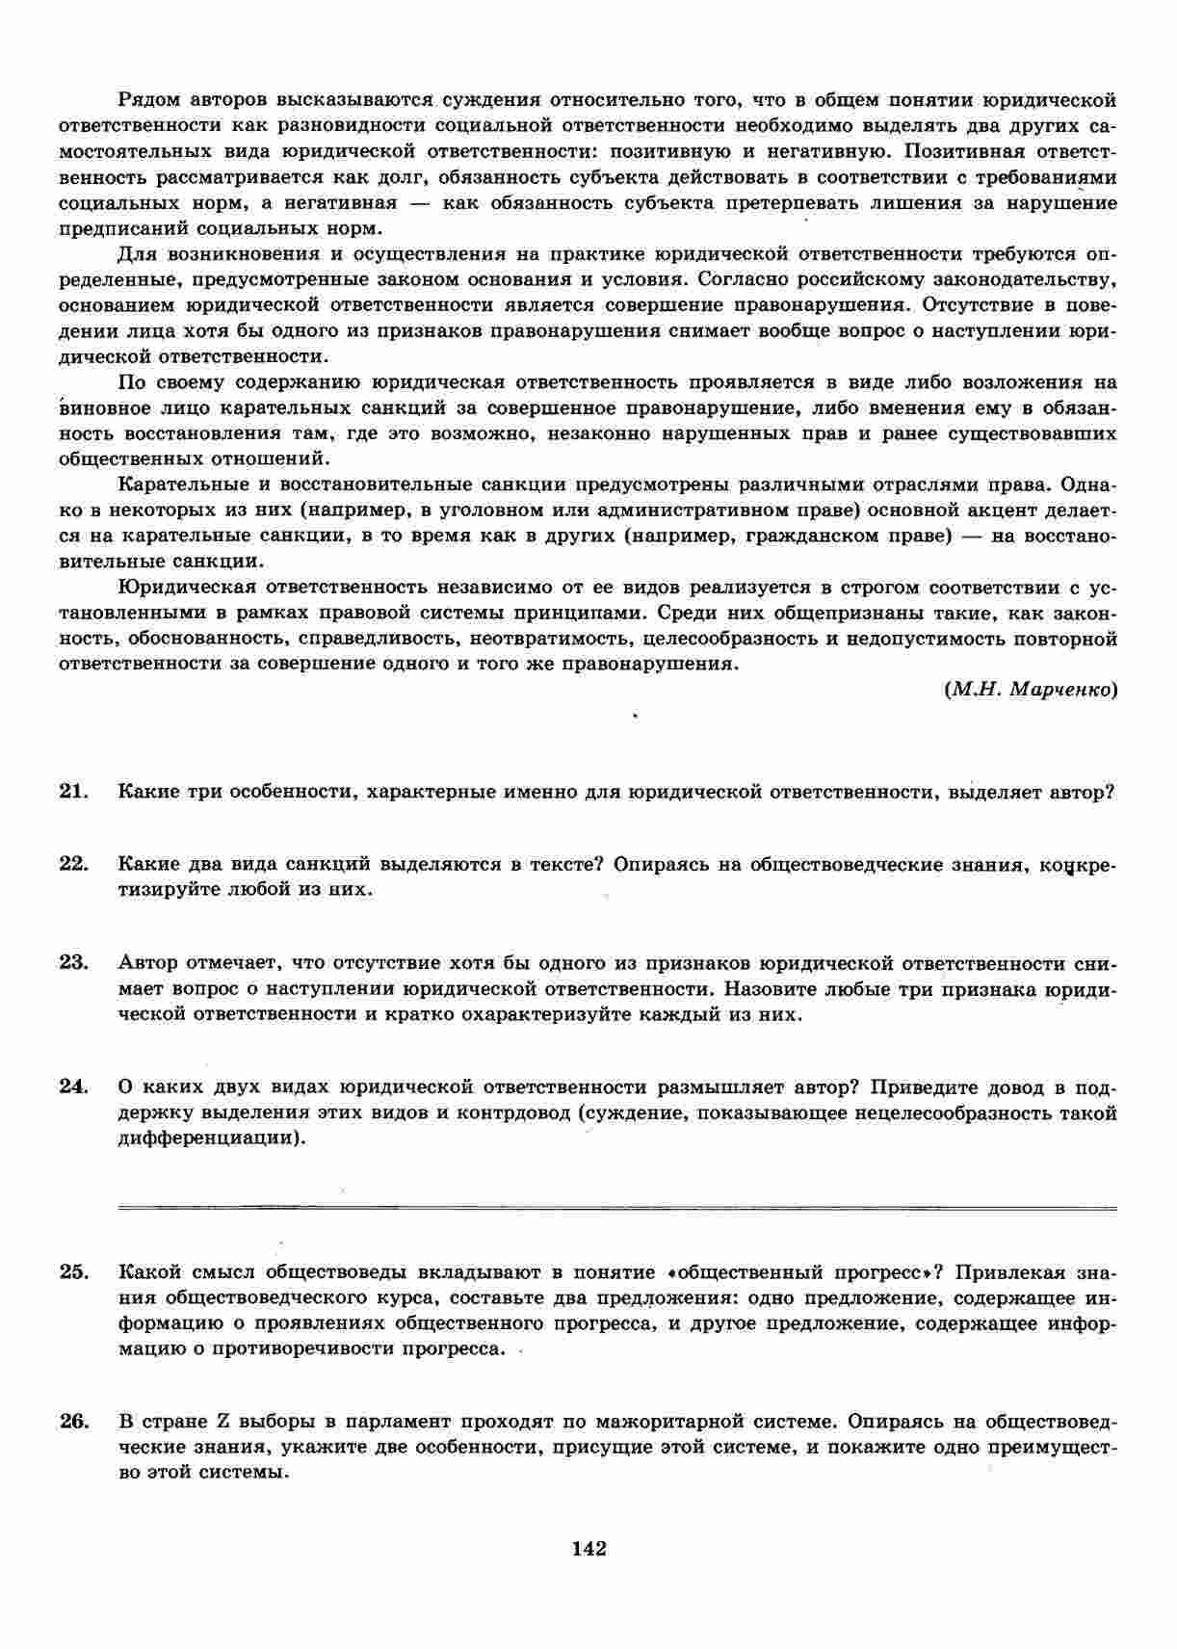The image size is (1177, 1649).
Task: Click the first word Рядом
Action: click(148, 100)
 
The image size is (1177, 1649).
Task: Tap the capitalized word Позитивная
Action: click(955, 151)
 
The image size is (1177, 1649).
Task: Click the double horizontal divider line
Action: click(616, 1206)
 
